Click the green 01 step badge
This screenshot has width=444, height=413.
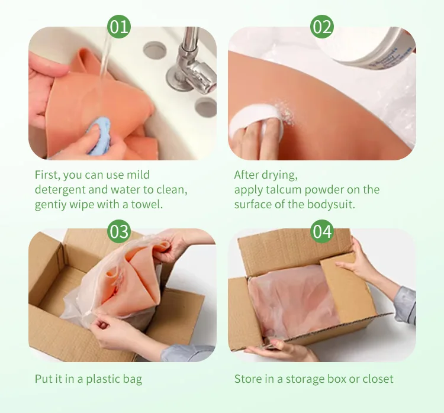tap(119, 27)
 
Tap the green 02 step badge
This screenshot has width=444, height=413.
tap(322, 27)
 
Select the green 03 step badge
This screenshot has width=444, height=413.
tap(119, 231)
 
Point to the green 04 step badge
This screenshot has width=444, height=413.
tap(322, 231)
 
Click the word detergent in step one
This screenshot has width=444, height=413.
tap(60, 190)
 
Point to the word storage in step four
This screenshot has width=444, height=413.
tap(305, 380)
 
